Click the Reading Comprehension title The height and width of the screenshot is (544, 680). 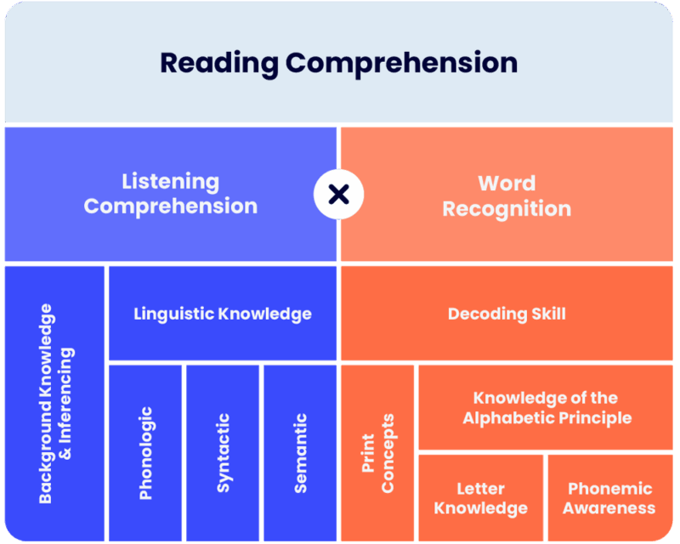coord(338,64)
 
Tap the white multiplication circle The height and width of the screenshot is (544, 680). coord(338,194)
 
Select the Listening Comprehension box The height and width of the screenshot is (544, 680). coord(171,194)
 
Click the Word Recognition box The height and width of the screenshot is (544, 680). coord(507,194)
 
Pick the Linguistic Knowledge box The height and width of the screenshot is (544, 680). coord(223,313)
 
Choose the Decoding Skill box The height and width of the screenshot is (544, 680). coord(507,313)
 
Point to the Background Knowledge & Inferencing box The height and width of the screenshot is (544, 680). coord(54,404)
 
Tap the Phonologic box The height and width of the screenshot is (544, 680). coord(145,453)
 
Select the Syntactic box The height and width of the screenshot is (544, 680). coord(223,453)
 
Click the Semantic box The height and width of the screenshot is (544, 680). coord(300,453)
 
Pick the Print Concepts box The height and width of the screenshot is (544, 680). coord(377,453)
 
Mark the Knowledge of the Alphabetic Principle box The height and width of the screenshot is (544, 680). coord(546,407)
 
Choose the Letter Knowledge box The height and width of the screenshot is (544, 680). coord(480,498)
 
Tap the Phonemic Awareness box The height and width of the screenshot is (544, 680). coord(610,498)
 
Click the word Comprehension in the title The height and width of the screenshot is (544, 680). coord(401,65)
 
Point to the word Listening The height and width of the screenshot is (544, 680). coord(171,182)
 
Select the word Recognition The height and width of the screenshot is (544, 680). coord(507,210)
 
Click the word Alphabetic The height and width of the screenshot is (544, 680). coord(507,417)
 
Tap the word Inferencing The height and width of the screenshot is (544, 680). coord(66,404)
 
